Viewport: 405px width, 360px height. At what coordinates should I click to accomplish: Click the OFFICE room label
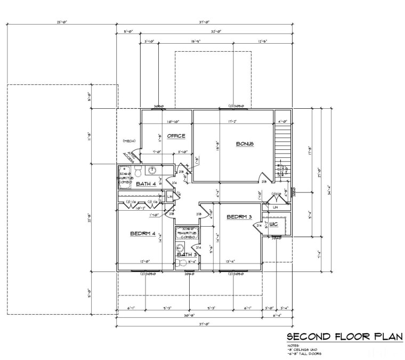pyautogui.click(x=176, y=136)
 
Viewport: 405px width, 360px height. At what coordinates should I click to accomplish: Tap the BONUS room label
pyautogui.click(x=245, y=144)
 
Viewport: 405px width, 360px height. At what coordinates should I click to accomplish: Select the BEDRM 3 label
pyautogui.click(x=239, y=217)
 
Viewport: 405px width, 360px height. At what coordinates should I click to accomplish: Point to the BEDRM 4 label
pyautogui.click(x=142, y=234)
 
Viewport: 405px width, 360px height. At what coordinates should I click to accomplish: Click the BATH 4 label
pyautogui.click(x=146, y=184)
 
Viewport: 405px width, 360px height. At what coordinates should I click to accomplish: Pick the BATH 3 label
pyautogui.click(x=187, y=254)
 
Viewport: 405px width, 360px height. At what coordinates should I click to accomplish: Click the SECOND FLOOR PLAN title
pyautogui.click(x=344, y=337)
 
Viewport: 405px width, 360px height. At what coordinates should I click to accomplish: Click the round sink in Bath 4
pyautogui.click(x=151, y=170)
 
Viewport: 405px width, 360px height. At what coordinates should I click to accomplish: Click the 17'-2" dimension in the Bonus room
pyautogui.click(x=233, y=122)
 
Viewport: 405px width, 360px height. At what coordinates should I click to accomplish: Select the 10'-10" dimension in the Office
pyautogui.click(x=171, y=122)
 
